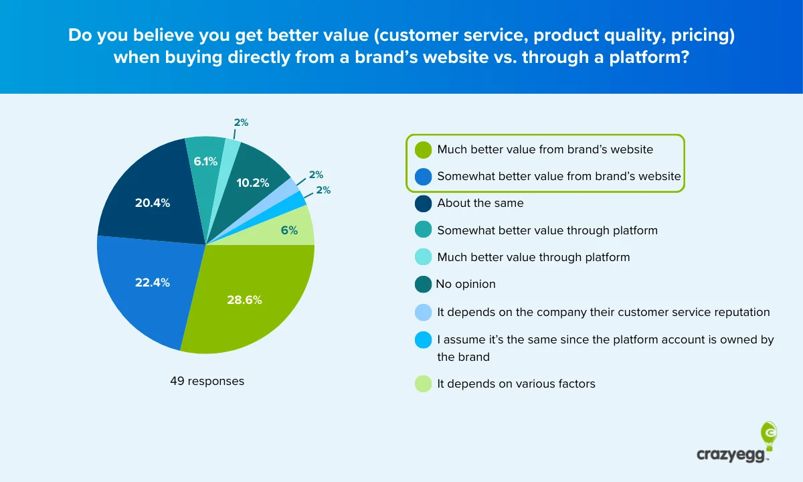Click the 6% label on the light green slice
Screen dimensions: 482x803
click(x=289, y=230)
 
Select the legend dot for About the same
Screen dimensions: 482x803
click(x=423, y=203)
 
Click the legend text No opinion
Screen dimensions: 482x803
click(x=466, y=284)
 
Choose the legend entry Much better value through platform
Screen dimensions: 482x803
click(x=533, y=257)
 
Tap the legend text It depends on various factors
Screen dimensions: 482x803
click(x=516, y=384)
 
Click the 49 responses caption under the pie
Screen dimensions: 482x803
click(x=207, y=381)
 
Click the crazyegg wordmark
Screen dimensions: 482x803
click(x=733, y=455)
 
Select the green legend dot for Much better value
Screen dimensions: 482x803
click(x=423, y=149)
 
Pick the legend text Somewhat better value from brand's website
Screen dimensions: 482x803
click(x=559, y=176)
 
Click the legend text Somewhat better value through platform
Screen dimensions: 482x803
click(x=547, y=230)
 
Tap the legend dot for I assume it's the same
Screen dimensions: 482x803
click(x=423, y=340)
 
